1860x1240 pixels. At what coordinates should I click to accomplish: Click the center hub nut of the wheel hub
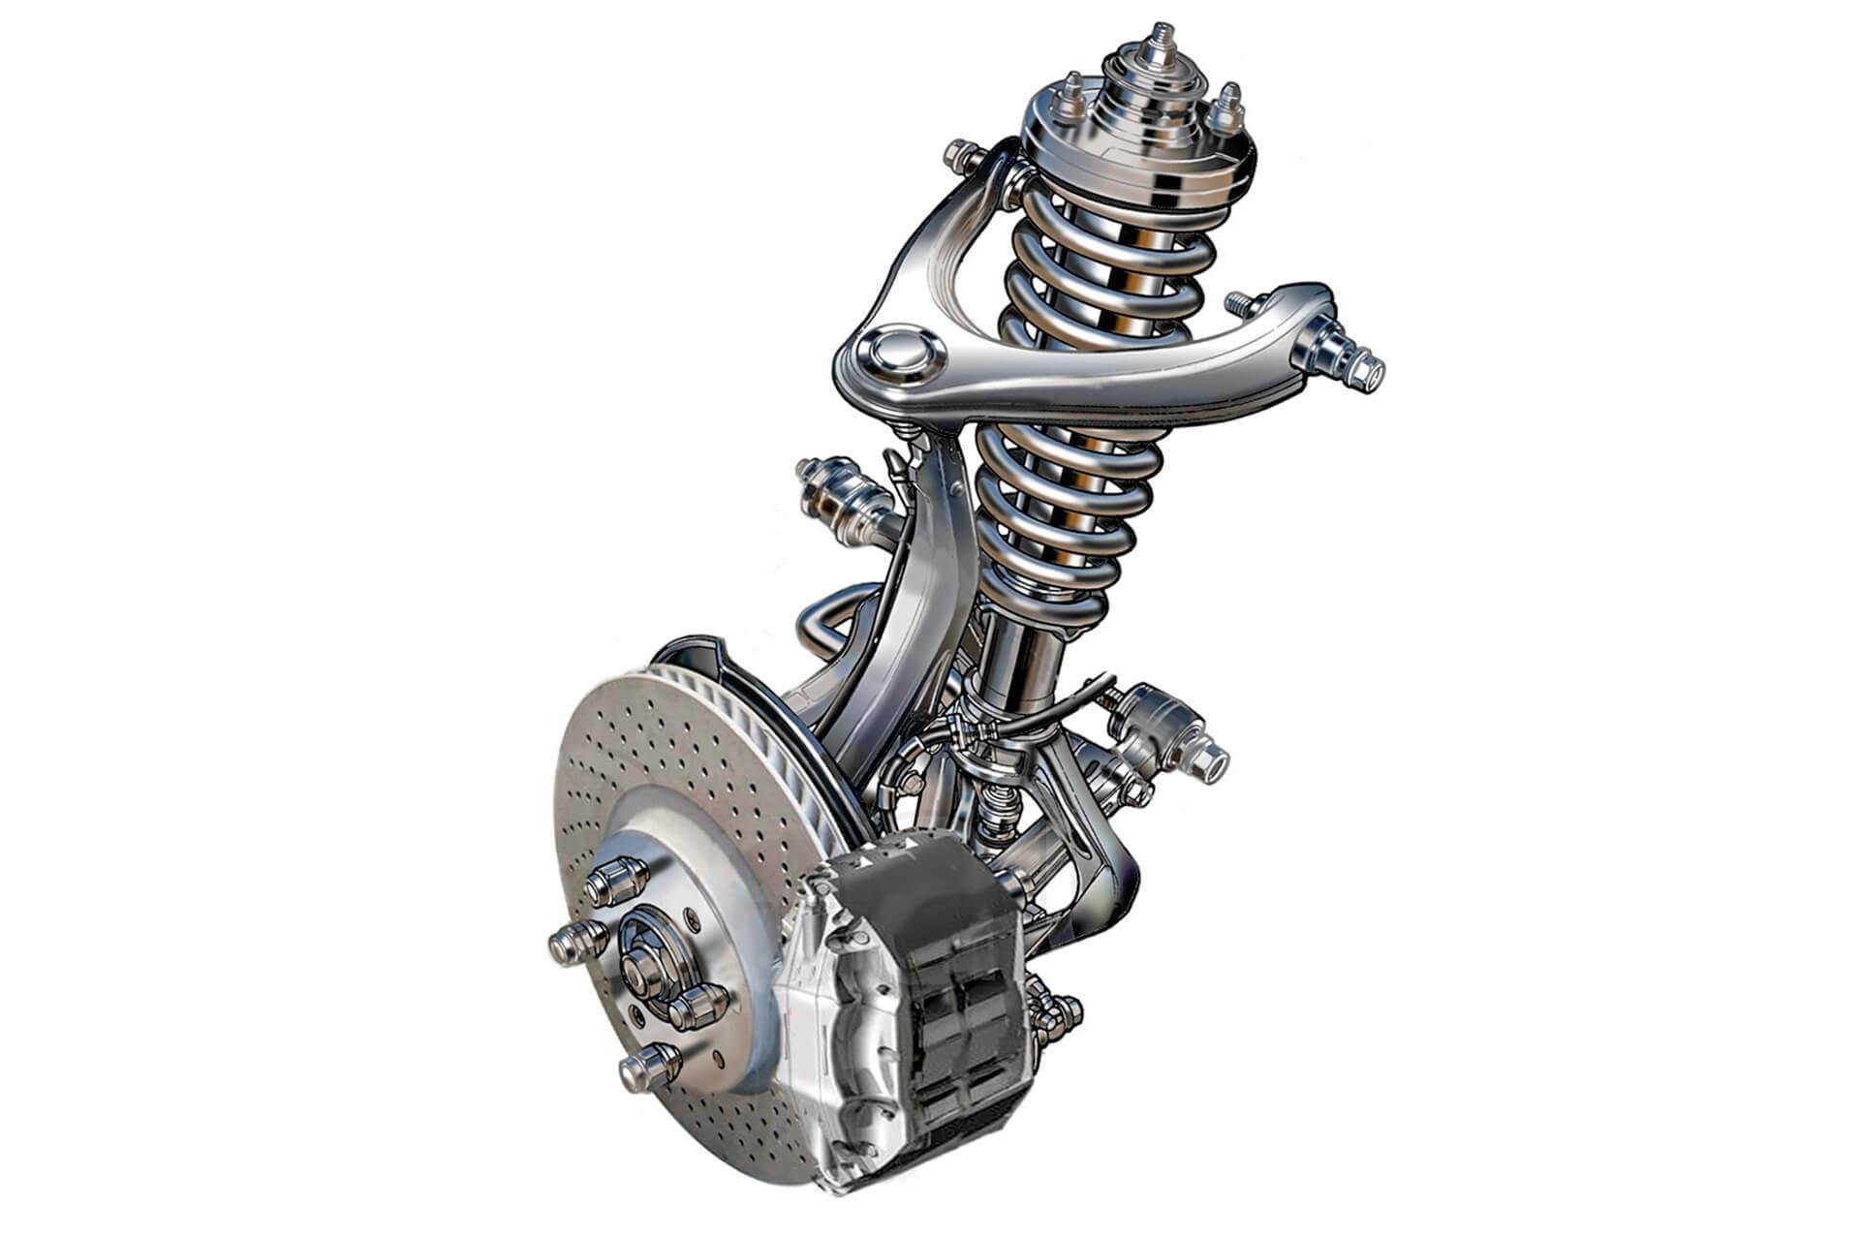coord(640,965)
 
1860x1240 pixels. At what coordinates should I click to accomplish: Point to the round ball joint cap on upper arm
coord(896,351)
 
